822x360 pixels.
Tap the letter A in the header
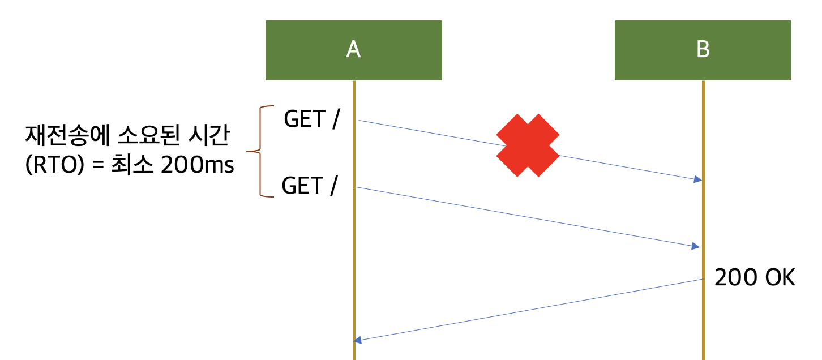tap(353, 50)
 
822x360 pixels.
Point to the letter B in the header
tap(703, 50)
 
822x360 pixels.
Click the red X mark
tap(528, 145)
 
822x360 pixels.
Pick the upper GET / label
tap(312, 119)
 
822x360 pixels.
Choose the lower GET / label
tap(310, 186)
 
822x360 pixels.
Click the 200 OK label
tap(755, 278)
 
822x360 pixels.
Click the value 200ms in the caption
tap(197, 167)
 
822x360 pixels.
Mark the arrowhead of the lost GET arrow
tap(698, 179)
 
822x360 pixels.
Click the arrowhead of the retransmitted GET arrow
tap(696, 246)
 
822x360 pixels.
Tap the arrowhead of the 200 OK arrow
tap(357, 340)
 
